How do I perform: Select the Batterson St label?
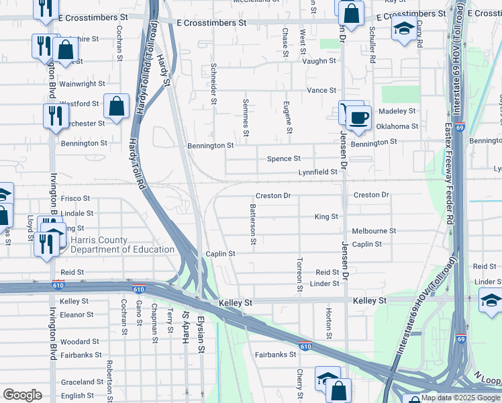(x=253, y=224)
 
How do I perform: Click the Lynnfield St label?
(x=318, y=173)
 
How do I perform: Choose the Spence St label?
(x=283, y=159)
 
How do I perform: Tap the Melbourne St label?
(x=374, y=230)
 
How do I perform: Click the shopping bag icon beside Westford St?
(x=116, y=106)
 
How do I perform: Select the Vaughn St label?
(x=319, y=61)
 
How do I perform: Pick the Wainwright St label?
(x=82, y=85)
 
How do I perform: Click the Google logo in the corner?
(x=22, y=395)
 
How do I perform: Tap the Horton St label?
(x=329, y=324)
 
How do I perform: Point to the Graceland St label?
(x=81, y=382)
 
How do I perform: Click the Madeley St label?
(x=397, y=111)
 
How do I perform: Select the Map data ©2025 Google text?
(x=460, y=398)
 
